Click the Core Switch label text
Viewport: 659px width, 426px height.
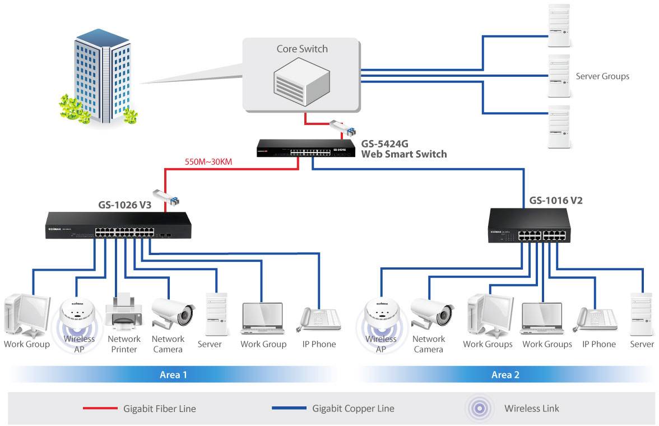coord(302,49)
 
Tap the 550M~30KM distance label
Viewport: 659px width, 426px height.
coord(208,163)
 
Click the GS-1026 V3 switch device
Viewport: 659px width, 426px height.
coord(118,225)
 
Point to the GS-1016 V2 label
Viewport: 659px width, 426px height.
coord(556,200)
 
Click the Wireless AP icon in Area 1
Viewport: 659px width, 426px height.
coord(78,314)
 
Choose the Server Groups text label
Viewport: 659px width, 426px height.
coord(602,76)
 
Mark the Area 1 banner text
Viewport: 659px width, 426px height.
coord(173,374)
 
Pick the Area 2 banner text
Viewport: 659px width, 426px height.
coord(505,374)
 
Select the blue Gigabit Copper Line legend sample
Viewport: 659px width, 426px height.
coord(289,409)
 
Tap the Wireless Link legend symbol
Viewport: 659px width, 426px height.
coord(480,408)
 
